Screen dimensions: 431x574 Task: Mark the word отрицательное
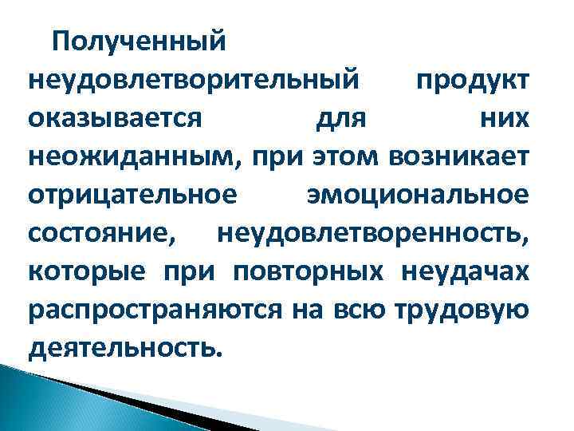point(132,194)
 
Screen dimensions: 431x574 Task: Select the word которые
point(87,271)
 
